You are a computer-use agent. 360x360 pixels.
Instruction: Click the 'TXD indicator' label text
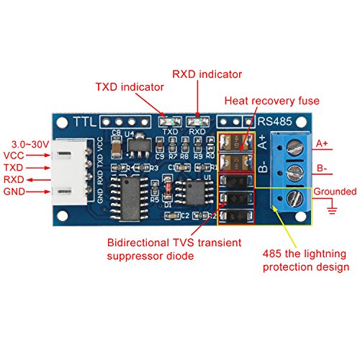[x=130, y=88]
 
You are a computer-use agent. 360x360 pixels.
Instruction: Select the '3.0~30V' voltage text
[x=26, y=145]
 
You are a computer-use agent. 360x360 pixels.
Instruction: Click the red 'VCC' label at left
[x=16, y=156]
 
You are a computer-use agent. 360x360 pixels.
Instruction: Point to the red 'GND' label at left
[x=16, y=192]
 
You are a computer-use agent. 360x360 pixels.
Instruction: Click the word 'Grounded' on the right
[x=333, y=192]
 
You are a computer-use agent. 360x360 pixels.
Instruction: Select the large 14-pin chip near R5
[x=135, y=192]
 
